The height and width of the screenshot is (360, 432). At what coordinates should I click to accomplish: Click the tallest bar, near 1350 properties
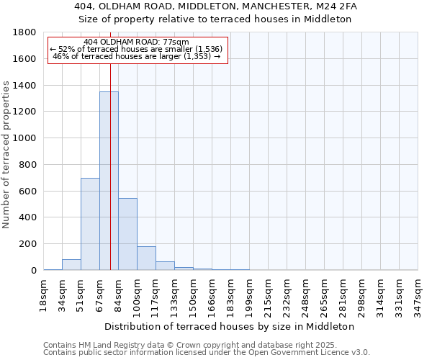pyautogui.click(x=109, y=181)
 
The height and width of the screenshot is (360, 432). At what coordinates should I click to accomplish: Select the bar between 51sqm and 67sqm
pyautogui.click(x=90, y=224)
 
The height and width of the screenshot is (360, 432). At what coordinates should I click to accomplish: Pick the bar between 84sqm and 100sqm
pyautogui.click(x=127, y=234)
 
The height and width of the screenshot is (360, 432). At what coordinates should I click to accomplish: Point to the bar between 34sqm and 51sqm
pyautogui.click(x=71, y=264)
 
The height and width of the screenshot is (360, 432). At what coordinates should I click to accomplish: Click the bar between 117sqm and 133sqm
pyautogui.click(x=165, y=266)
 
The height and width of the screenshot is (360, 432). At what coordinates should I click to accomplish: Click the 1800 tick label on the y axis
pyautogui.click(x=24, y=32)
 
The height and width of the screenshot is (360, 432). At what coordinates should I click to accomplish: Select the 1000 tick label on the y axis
pyautogui.click(x=24, y=138)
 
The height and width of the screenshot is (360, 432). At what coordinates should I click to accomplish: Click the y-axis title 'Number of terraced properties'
pyautogui.click(x=7, y=155)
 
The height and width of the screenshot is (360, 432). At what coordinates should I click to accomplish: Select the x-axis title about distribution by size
pyautogui.click(x=230, y=326)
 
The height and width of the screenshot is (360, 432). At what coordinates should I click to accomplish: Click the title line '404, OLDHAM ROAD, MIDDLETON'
pyautogui.click(x=216, y=6)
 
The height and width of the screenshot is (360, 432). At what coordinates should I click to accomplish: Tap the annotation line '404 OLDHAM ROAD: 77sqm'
pyautogui.click(x=136, y=42)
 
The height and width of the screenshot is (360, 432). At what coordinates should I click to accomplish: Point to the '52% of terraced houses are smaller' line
pyautogui.click(x=136, y=49)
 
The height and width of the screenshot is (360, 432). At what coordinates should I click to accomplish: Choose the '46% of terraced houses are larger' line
pyautogui.click(x=136, y=56)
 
